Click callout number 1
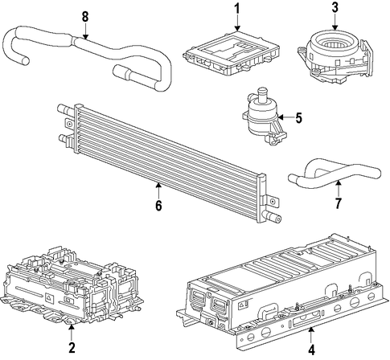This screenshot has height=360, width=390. click(237, 9)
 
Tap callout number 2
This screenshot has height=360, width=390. click(72, 347)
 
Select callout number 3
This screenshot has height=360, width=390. click(335, 7)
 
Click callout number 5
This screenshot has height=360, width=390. click(298, 117)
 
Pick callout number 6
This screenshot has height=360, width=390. click(158, 206)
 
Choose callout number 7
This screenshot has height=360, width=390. click(339, 202)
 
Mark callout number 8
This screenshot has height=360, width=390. click(85, 17)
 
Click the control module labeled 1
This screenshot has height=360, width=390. click(231, 54)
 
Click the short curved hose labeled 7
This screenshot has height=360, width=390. click(335, 175)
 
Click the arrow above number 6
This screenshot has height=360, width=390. click(158, 190)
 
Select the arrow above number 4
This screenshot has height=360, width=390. click(311, 334)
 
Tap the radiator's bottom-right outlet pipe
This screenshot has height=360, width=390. click(272, 216)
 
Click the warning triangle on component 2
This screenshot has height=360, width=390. click(50, 297)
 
